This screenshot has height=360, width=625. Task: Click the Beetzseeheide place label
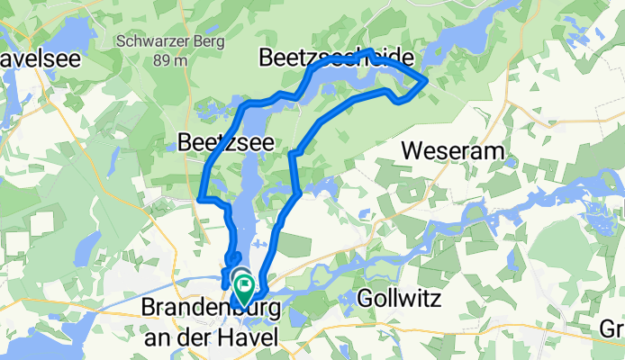pos(337,58)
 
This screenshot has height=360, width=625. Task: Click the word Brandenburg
pos(210,308)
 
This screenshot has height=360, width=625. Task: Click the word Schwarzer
pos(150,41)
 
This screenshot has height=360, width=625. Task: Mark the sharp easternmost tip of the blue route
pos(425,82)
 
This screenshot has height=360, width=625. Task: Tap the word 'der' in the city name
pos(213,334)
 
